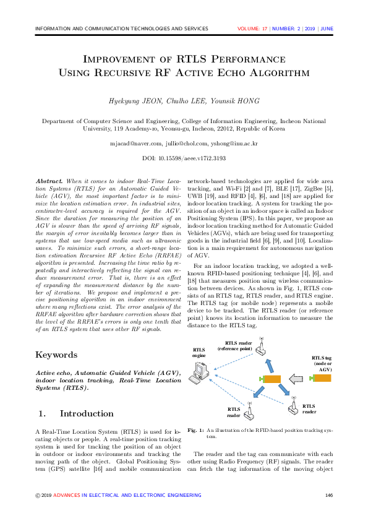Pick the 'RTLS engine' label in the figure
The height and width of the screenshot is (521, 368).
[199, 352]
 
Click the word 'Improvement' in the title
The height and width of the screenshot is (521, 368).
[119, 60]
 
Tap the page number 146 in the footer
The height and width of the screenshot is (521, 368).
[329, 495]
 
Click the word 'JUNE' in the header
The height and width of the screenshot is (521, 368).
[327, 28]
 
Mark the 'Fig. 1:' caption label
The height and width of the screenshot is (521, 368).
[196, 430]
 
